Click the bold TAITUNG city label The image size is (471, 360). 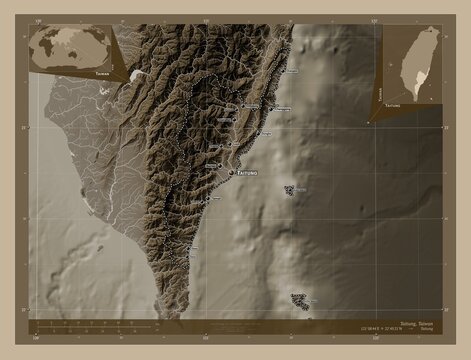[245, 174]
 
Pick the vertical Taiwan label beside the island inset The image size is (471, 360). [381, 93]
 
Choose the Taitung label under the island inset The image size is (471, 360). [392, 105]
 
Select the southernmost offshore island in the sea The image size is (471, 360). [299, 298]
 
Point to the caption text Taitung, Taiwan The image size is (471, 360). [412, 323]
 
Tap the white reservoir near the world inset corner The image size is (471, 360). [136, 75]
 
